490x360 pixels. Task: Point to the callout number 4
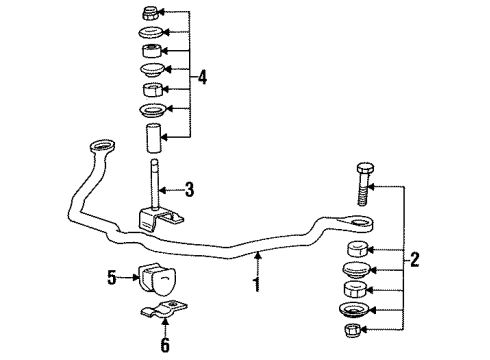(x=203, y=76)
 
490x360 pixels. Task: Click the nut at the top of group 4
(x=152, y=14)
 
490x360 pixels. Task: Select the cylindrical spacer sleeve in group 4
(x=153, y=135)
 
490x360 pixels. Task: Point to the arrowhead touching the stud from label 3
(x=166, y=187)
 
